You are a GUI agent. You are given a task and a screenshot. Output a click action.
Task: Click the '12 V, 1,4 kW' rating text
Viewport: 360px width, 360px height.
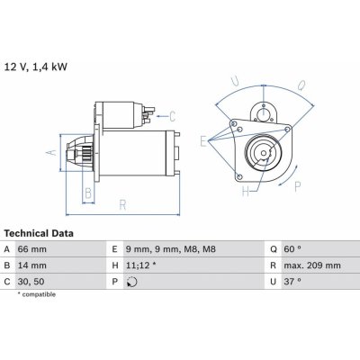click(36, 67)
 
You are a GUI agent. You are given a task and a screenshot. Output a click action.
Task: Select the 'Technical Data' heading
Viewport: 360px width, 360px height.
click(39, 233)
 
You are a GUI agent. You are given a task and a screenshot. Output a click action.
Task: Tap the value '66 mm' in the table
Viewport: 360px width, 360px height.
click(32, 249)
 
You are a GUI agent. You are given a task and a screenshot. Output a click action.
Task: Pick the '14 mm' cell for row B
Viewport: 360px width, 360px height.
click(32, 265)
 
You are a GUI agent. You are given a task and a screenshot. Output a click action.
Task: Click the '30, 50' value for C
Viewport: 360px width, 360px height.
click(31, 282)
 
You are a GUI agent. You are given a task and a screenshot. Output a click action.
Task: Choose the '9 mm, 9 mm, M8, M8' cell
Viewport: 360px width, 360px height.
click(171, 249)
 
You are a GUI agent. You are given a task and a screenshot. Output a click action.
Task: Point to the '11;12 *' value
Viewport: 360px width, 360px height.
click(140, 265)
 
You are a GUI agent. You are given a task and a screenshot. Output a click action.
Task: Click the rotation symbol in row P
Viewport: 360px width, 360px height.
click(132, 283)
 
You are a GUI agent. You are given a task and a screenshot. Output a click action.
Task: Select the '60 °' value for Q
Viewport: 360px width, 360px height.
click(292, 249)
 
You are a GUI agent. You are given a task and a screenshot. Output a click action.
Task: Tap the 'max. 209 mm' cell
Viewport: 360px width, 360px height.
click(312, 265)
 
